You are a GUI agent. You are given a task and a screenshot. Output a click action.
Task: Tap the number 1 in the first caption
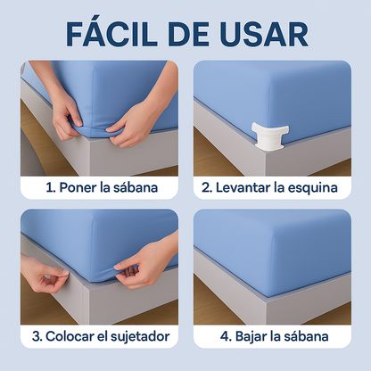pyautogui.click(x=50, y=188)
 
